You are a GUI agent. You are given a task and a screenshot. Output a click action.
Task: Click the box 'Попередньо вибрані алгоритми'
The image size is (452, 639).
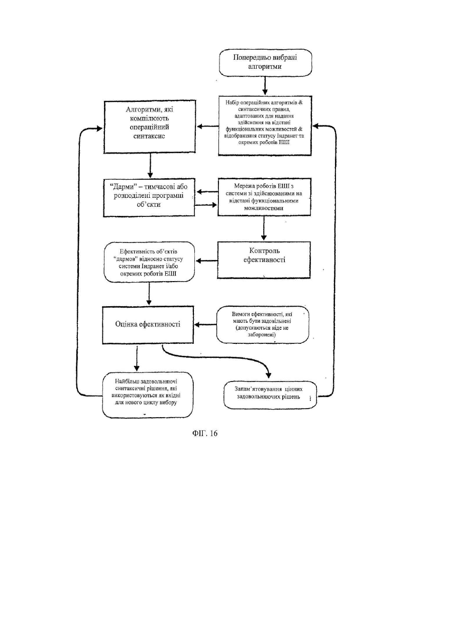click(265, 62)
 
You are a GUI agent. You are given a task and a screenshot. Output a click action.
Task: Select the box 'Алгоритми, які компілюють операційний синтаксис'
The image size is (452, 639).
click(150, 127)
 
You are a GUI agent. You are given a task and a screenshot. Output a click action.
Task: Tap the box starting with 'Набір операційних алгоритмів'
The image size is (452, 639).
click(265, 125)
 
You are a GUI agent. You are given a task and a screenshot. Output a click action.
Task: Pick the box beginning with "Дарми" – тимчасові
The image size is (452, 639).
click(149, 198)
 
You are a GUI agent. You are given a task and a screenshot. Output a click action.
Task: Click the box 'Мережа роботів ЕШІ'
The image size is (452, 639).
click(264, 197)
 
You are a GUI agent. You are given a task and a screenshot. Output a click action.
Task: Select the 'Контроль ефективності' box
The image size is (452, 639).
click(264, 260)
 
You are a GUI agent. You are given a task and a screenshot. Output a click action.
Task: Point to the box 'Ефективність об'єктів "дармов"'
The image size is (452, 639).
click(149, 262)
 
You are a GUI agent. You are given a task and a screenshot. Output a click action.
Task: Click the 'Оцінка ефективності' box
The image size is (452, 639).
click(148, 325)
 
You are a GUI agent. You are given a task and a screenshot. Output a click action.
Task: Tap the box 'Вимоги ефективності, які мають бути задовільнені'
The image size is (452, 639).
click(263, 325)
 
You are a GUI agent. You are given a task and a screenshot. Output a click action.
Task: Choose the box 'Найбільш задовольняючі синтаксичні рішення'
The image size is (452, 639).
click(148, 395)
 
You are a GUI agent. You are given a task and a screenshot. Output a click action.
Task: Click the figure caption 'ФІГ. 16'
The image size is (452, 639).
click(204, 434)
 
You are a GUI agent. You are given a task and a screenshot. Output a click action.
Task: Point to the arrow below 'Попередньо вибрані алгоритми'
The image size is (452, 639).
click(265, 85)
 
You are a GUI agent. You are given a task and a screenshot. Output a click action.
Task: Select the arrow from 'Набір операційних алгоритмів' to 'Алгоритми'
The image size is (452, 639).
click(208, 126)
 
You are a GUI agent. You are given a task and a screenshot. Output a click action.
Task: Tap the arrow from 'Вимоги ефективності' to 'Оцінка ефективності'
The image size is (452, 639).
click(205, 325)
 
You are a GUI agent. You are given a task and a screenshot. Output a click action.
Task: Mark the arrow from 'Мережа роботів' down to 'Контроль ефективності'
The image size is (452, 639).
click(264, 228)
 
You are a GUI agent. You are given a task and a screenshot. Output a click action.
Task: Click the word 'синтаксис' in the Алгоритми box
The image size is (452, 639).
click(149, 136)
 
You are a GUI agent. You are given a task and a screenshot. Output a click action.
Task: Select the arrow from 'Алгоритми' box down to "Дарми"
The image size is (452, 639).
click(150, 166)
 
